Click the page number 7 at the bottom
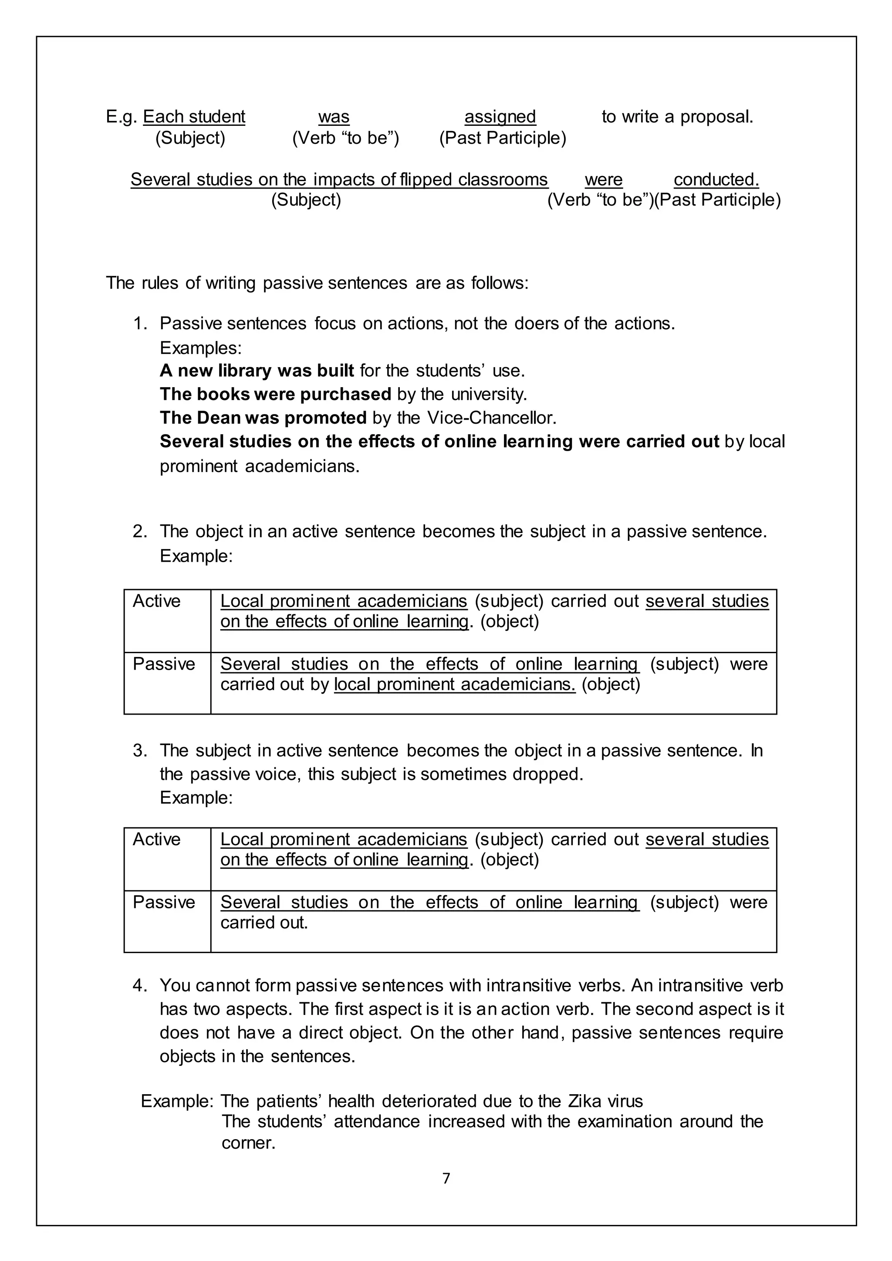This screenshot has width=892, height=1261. [446, 1178]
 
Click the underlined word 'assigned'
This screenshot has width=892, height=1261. [500, 117]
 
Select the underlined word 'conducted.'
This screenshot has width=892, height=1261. [716, 179]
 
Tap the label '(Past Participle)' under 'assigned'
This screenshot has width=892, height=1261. [502, 138]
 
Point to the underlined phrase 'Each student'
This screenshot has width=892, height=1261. [194, 117]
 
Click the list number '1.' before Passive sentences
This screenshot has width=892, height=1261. [141, 324]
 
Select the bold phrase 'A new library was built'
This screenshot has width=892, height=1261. [257, 371]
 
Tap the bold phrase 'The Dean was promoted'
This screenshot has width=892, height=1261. [263, 418]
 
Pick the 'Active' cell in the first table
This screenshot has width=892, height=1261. [156, 601]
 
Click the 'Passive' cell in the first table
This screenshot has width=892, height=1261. [164, 664]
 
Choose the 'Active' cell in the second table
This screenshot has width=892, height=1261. [156, 840]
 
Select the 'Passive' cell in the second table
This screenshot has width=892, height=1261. [164, 902]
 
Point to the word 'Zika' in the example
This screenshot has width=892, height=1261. [585, 1101]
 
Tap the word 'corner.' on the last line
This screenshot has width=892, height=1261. [248, 1143]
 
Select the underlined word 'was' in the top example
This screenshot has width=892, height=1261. [333, 117]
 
